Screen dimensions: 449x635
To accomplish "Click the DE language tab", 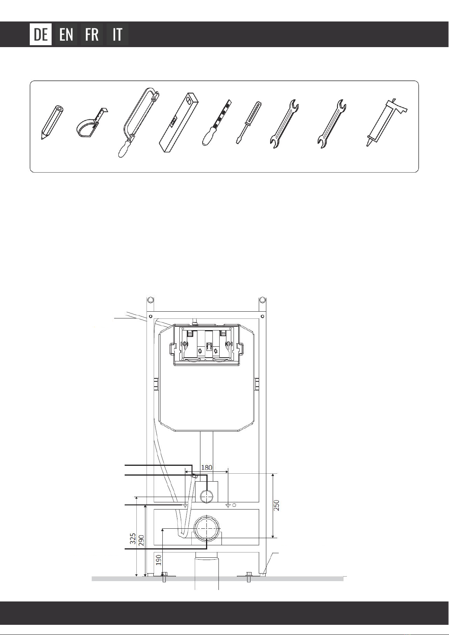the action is coord(41,34).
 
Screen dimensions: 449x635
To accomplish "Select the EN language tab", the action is coord(66,34).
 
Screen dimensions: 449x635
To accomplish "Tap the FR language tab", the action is coord(92,34).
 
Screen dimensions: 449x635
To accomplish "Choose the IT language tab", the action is coord(117,34).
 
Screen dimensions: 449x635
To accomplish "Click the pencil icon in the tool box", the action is coord(52,122).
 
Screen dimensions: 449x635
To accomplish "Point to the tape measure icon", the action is coord(91,122).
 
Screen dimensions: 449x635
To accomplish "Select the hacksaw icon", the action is coord(139,122).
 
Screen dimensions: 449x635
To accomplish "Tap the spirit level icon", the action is coord(179,122).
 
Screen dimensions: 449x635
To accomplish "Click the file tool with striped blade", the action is coord(217,122).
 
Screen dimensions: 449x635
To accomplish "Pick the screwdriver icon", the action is coord(249,122).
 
